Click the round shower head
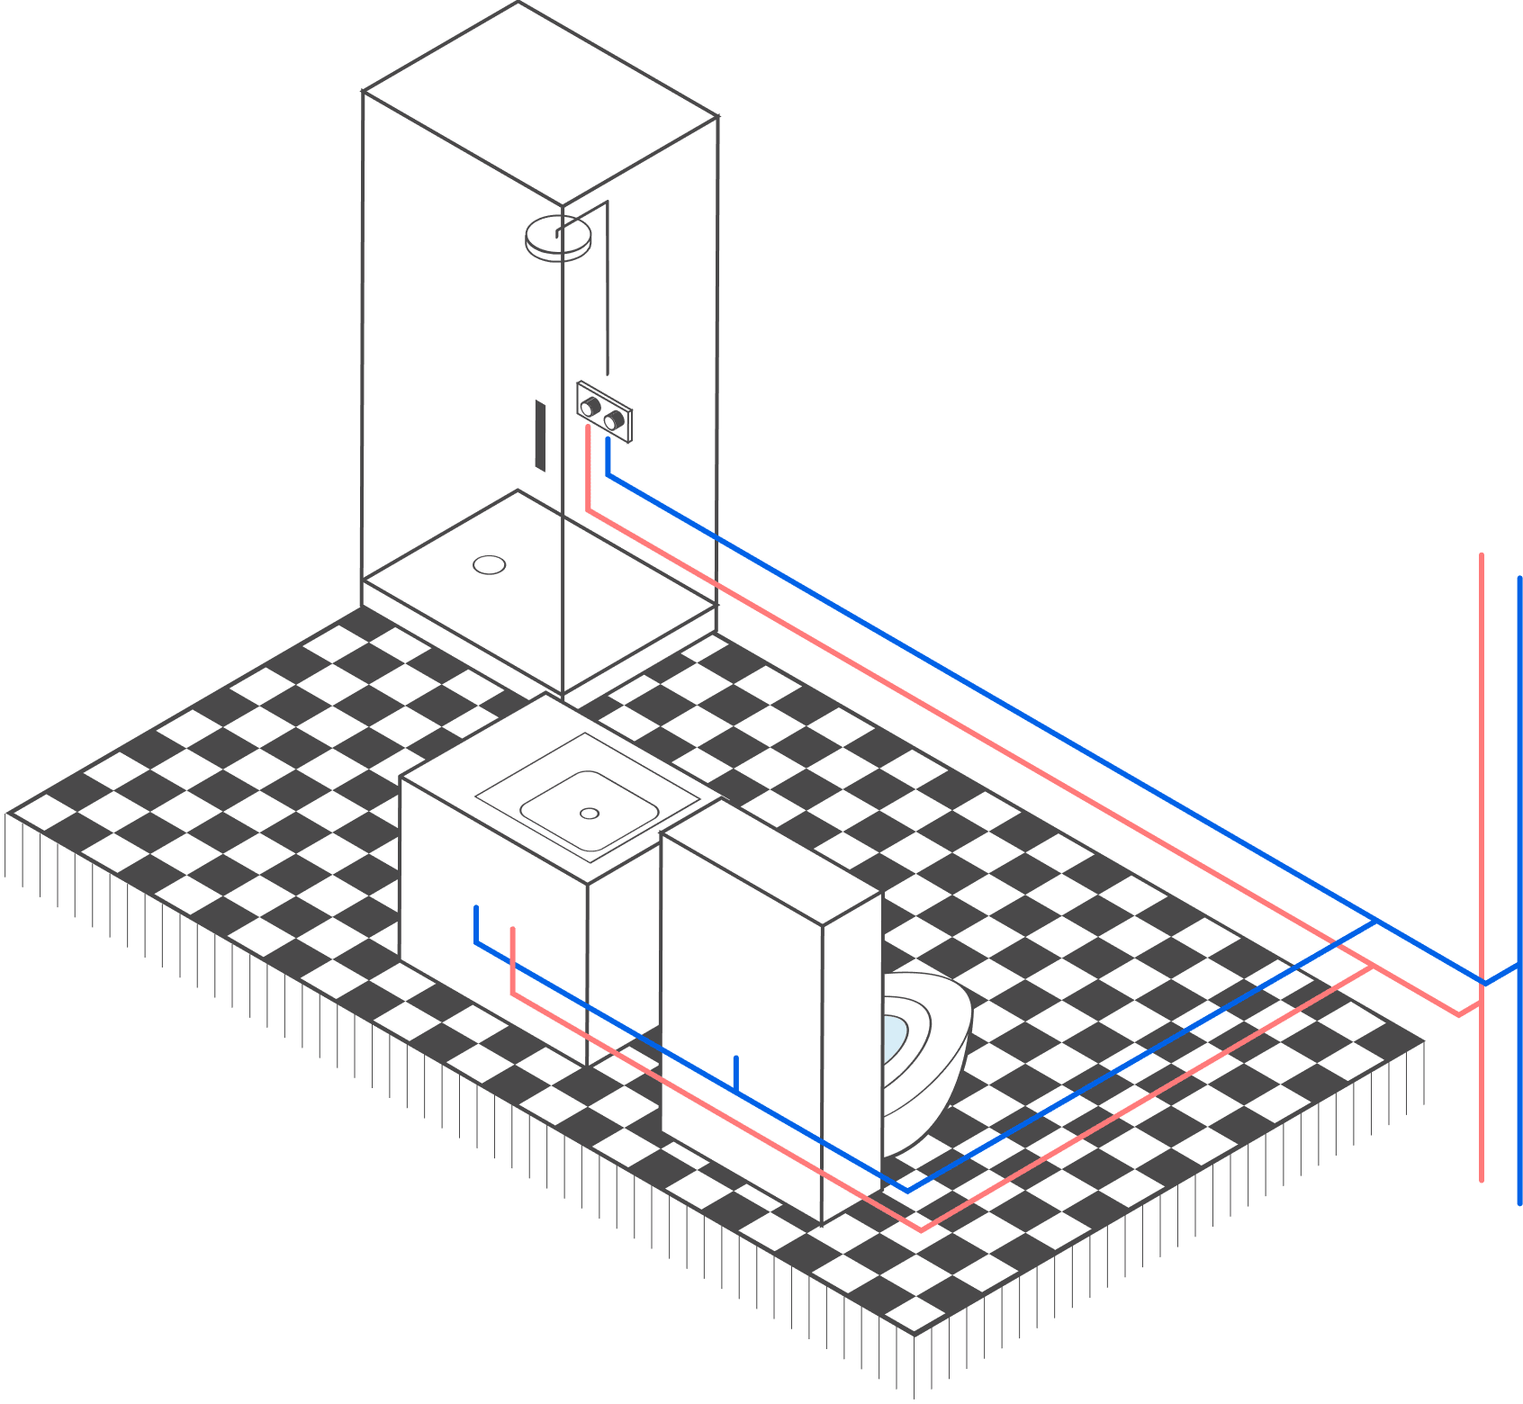(558, 238)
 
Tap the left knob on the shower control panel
(590, 407)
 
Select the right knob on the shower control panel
(615, 420)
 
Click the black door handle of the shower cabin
(540, 436)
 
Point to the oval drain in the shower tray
(489, 565)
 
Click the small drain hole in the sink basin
(590, 814)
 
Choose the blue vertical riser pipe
(1519, 810)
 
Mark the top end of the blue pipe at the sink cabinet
(476, 909)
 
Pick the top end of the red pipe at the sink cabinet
(512, 931)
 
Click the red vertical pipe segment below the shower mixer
(588, 468)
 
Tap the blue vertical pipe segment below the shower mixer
(608, 455)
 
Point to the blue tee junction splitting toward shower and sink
(1375, 922)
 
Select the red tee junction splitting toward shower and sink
(1370, 966)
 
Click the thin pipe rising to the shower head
(608, 288)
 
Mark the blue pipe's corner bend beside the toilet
(906, 1190)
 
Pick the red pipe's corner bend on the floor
(921, 1229)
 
